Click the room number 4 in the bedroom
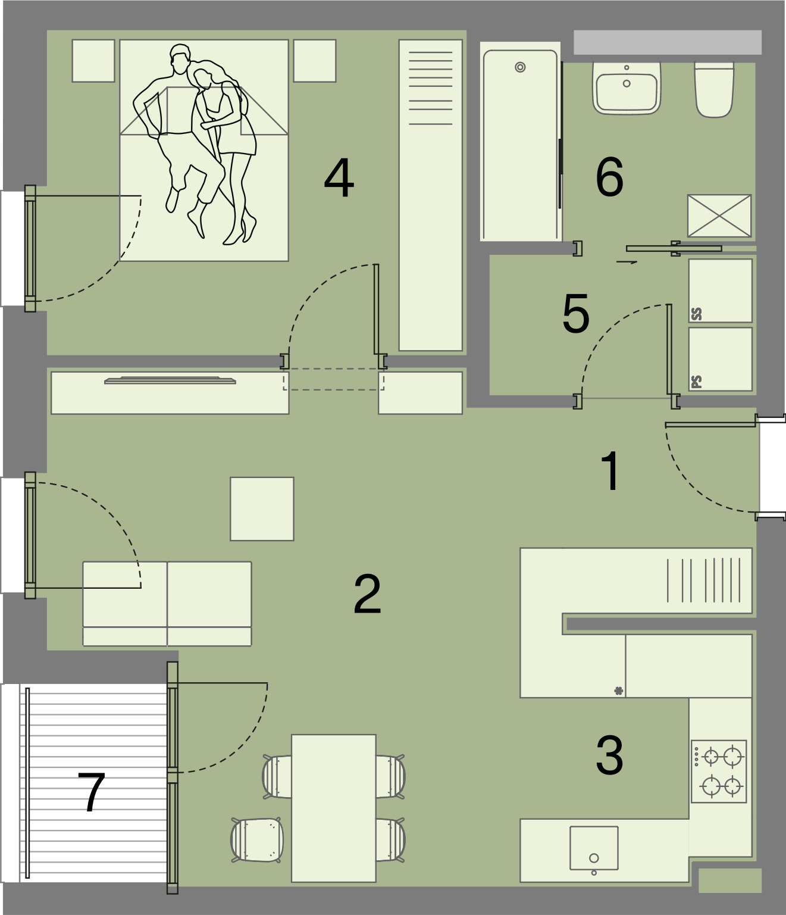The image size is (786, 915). point(339,179)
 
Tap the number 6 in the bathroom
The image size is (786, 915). point(609,177)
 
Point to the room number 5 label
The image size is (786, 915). point(576,313)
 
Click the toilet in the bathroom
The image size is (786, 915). point(715,89)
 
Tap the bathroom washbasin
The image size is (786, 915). point(627,88)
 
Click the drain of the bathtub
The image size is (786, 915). point(521,67)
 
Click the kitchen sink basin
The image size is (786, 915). point(594,848)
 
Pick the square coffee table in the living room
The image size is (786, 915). point(262,508)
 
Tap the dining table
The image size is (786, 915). point(334,808)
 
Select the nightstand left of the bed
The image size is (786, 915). point(93,61)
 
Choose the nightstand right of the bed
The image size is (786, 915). point(315,61)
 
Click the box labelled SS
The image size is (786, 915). point(721,291)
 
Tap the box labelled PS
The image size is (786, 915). point(721,359)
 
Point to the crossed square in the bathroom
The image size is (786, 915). point(719,216)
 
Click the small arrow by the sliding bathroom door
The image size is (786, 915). point(627,262)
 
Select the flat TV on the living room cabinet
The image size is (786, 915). point(170,380)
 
